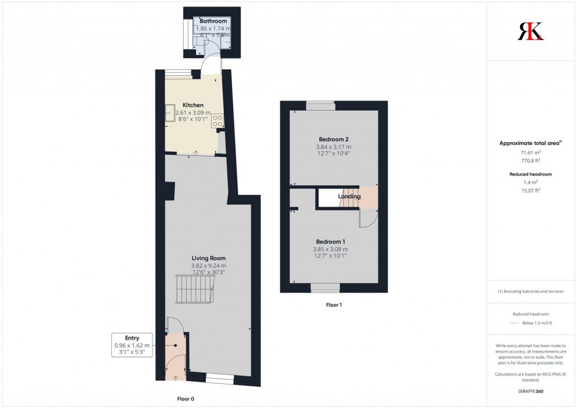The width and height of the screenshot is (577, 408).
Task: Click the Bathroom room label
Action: [x=213, y=21]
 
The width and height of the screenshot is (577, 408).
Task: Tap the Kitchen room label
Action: [x=193, y=105]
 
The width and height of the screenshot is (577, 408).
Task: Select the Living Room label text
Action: [x=208, y=258]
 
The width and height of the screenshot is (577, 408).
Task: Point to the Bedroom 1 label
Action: [x=330, y=241]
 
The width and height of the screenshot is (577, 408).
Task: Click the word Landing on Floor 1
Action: [x=349, y=196]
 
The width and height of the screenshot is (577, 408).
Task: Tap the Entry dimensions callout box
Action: [x=132, y=345]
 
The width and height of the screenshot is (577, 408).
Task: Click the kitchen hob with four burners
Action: [x=218, y=121]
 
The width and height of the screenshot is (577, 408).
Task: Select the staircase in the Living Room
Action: [x=194, y=288]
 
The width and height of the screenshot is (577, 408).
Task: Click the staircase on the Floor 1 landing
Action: [x=350, y=201]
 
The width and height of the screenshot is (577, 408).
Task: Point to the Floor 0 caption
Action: [x=185, y=399]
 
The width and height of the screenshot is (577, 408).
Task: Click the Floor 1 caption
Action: [x=334, y=305]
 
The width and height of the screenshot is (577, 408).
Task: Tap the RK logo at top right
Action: [x=530, y=31]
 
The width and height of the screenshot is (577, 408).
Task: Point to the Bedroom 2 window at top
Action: [x=320, y=106]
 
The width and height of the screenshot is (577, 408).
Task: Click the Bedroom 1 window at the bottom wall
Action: [x=325, y=288]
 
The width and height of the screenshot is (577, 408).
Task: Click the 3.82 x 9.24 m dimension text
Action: [x=208, y=266]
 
